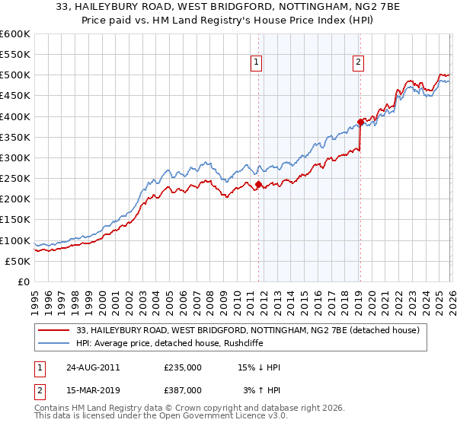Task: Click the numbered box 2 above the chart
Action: coord(358,63)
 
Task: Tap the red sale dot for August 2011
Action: coord(258,184)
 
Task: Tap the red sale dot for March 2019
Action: coord(360,122)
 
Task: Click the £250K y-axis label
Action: coord(15,179)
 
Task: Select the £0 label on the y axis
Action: coord(23,282)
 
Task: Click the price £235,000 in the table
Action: coord(183,367)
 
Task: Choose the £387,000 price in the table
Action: coord(183,390)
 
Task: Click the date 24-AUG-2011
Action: coord(87,367)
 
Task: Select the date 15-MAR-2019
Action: coord(87,390)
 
